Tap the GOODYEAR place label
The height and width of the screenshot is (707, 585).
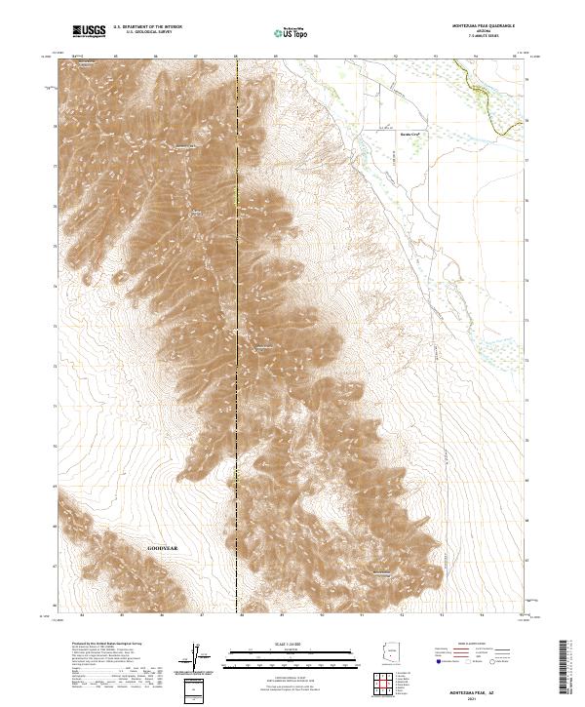pyautogui.click(x=164, y=548)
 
